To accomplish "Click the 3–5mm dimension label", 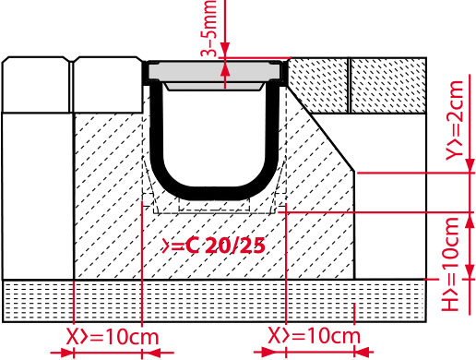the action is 209,29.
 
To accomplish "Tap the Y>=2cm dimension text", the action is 455,120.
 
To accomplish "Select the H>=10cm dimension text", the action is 450,264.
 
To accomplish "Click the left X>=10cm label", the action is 113,337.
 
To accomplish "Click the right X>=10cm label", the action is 315,335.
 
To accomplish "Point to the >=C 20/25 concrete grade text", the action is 213,246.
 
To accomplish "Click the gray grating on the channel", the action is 214,72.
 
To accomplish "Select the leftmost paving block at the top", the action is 36,85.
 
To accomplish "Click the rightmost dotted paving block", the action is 388,85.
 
